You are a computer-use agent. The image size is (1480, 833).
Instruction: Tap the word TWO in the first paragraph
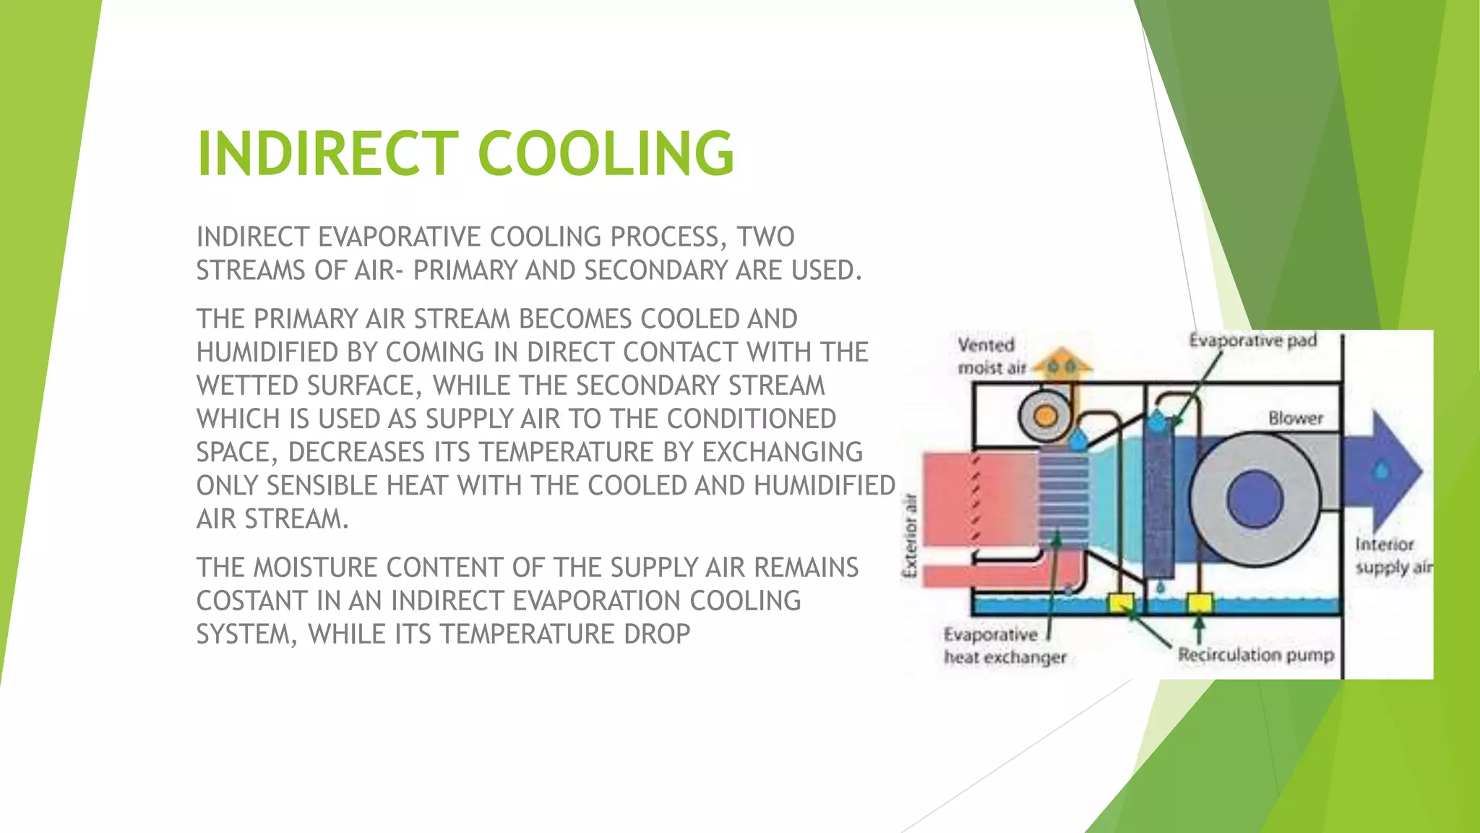[x=766, y=237]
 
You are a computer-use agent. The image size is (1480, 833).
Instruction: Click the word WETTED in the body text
[x=246, y=385]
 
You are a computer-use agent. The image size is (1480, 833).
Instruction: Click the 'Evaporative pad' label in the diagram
[x=1252, y=340]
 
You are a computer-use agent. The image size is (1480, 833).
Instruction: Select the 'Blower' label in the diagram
[x=1295, y=418]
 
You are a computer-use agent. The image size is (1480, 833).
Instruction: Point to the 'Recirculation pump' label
[x=1256, y=654]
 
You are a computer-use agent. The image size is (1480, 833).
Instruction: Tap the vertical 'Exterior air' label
[x=911, y=535]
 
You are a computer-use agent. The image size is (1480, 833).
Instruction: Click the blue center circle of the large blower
[x=1255, y=498]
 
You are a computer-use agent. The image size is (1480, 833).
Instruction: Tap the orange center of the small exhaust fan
[x=1044, y=416]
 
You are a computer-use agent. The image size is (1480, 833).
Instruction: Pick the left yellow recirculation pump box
[x=1121, y=601]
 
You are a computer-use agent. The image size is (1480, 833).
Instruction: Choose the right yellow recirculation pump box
[x=1199, y=602]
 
